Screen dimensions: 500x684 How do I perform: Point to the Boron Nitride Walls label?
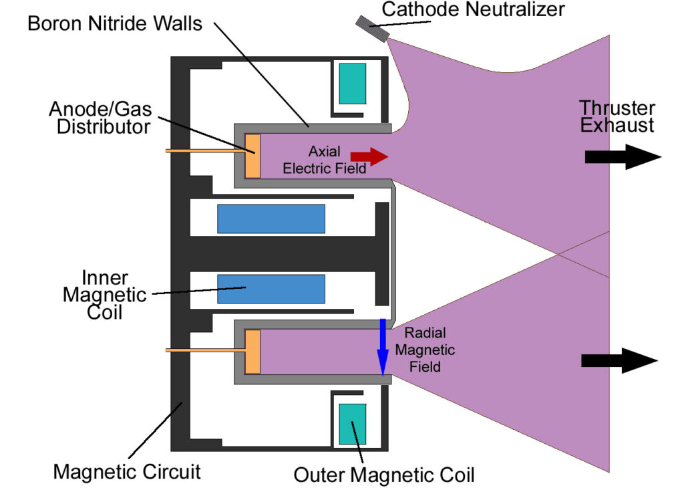[115, 24]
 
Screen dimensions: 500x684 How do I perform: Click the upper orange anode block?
[252, 156]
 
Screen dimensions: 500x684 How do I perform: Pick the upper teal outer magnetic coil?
[352, 84]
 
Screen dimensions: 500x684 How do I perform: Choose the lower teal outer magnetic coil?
[352, 424]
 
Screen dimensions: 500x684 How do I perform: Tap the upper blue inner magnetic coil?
[271, 219]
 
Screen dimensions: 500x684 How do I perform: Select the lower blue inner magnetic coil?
[271, 288]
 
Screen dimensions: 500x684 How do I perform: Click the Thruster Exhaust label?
[617, 116]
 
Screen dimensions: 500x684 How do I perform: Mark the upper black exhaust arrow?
[622, 157]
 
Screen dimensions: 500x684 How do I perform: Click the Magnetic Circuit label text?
[127, 472]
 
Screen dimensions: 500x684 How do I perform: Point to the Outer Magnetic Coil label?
[384, 475]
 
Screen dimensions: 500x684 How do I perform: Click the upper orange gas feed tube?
[204, 152]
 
